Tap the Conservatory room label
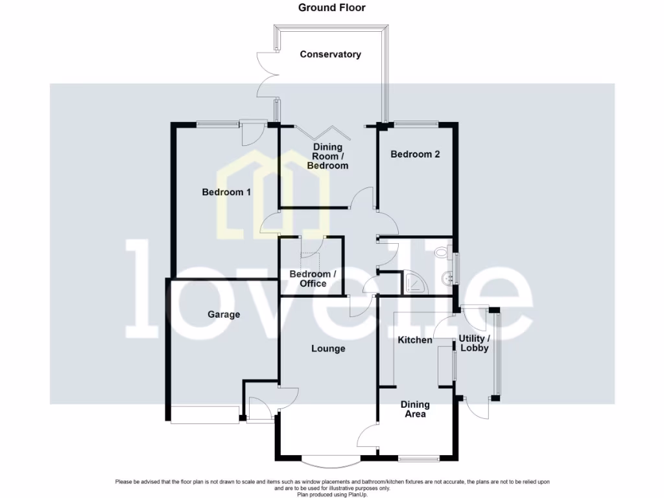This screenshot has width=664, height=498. click(x=330, y=54)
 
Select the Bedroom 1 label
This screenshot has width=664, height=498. click(x=226, y=192)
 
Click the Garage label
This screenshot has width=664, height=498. click(x=224, y=314)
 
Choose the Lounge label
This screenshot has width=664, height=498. click(x=328, y=349)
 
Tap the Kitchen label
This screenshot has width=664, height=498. click(x=415, y=340)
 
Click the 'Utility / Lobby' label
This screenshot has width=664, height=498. click(x=475, y=343)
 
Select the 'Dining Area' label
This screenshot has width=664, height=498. click(x=415, y=409)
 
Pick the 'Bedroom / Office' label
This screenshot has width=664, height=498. click(x=313, y=279)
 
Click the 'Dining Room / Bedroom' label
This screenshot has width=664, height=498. click(x=327, y=156)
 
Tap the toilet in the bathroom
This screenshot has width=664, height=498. click(x=444, y=252)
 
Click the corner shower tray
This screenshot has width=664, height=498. click(x=415, y=283)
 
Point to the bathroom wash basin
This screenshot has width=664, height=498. click(x=447, y=279)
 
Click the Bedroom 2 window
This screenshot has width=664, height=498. click(x=416, y=124)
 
